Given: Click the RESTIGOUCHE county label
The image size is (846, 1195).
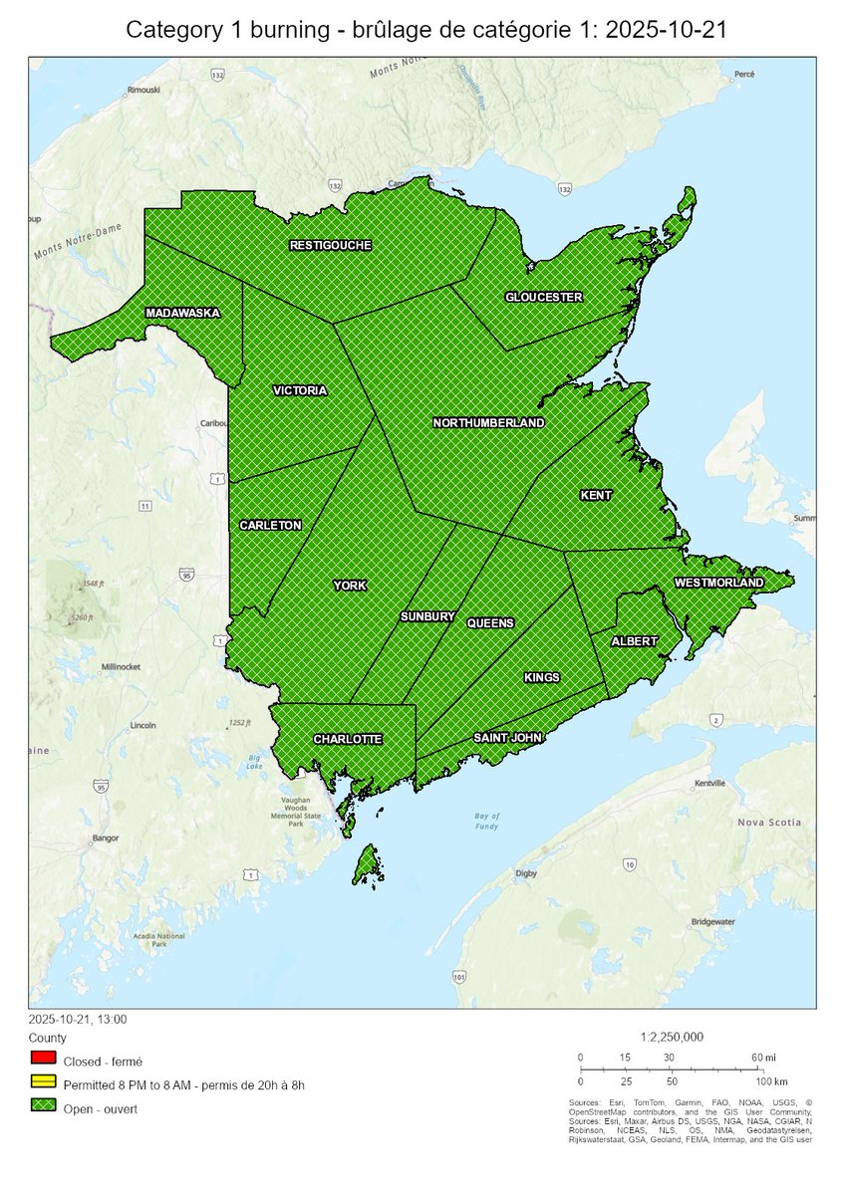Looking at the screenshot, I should click(x=330, y=245).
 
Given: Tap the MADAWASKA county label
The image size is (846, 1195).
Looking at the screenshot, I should click(x=182, y=313).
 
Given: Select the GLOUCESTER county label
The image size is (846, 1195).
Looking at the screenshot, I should click(x=543, y=297).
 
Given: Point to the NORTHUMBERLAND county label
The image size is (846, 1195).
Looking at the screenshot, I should click(x=488, y=423).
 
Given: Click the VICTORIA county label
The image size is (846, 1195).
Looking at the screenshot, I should click(x=299, y=390).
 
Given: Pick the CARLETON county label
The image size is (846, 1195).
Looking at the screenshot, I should click(x=270, y=525).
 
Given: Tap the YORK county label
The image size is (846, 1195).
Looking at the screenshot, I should click(x=350, y=586).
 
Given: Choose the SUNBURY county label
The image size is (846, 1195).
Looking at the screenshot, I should click(x=427, y=616).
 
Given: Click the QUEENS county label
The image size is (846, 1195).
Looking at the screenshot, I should click(x=490, y=623).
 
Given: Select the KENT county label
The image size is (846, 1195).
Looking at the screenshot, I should click(x=596, y=495).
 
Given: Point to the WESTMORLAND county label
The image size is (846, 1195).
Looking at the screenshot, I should click(x=718, y=582).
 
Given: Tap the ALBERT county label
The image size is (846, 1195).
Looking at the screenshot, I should click(x=634, y=641).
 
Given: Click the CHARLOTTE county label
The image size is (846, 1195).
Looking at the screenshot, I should click(x=346, y=739).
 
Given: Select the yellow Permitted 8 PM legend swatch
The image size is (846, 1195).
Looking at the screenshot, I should click(x=43, y=1084).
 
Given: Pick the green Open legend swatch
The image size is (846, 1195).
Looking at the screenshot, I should click(x=43, y=1108).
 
